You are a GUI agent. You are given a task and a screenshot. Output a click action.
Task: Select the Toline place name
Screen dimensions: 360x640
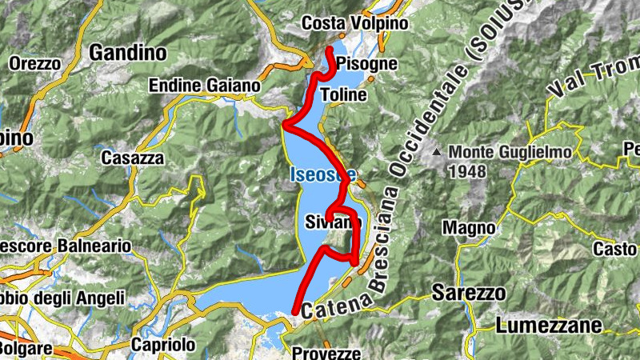tap(343, 94)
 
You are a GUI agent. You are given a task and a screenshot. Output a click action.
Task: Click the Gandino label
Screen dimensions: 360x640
tap(128, 54)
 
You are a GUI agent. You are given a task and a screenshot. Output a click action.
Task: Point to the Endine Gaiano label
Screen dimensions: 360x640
tap(205, 86)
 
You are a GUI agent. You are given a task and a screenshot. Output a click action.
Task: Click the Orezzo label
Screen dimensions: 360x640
tap(34, 62)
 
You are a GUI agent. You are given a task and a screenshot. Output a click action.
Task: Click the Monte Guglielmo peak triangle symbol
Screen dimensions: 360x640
tap(437, 151)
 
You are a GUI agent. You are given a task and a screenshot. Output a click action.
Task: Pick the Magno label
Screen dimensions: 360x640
tap(469, 229)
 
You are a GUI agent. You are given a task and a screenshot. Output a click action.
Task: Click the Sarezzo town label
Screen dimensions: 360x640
tap(469, 293)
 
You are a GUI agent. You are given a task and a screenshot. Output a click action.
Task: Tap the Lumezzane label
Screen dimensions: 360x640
tap(548, 325)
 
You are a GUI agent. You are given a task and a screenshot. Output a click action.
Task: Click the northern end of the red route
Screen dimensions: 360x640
tap(329, 50)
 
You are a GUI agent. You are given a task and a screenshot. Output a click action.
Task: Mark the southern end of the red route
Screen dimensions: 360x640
tap(294, 311)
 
